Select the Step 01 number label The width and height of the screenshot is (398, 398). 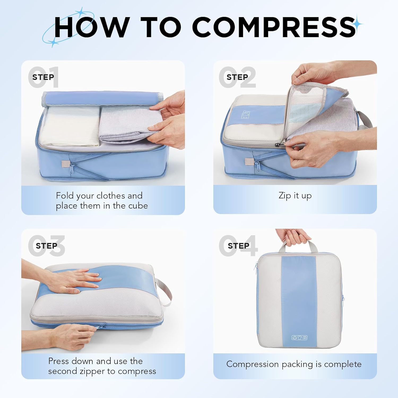pos(44,77)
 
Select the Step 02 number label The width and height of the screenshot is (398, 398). pos(237,77)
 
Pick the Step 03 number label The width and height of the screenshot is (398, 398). pos(47,246)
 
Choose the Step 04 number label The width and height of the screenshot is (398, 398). pos(238,246)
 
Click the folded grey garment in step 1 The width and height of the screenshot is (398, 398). pos(125,125)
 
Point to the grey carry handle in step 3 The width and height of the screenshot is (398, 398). pos(165,292)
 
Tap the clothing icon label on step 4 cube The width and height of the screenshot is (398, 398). pos(299,338)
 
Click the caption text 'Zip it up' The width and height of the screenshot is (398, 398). pos(295,196)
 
